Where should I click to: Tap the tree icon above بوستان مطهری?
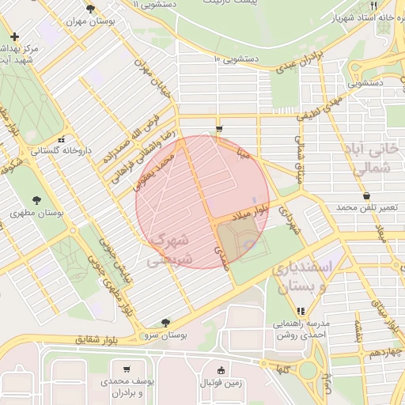click(36, 199)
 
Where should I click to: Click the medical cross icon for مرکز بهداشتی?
click(15, 36)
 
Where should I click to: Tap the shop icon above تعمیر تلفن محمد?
click(365, 195)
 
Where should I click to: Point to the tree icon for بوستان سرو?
click(165, 322)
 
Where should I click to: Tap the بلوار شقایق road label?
click(96, 339)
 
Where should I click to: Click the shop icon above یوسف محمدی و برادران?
click(127, 369)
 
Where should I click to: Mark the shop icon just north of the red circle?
click(219, 128)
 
